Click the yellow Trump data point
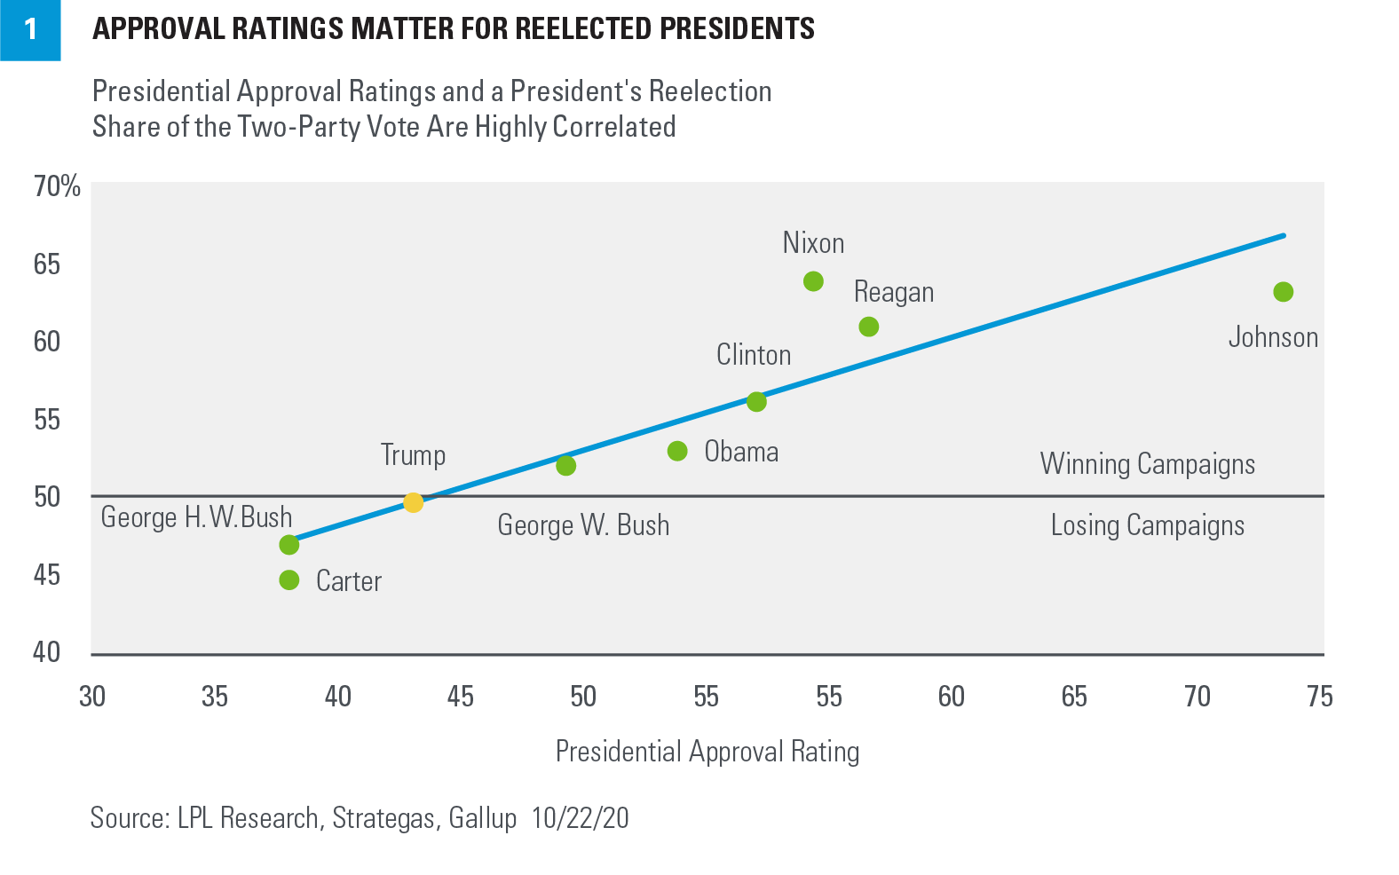tap(413, 502)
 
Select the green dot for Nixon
tap(813, 281)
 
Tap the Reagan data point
tap(869, 327)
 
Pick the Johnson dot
tap(1283, 292)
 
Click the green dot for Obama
tap(677, 451)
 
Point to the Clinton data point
tap(756, 402)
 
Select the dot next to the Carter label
tap(289, 580)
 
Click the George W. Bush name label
tap(583, 525)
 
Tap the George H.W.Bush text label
tap(196, 517)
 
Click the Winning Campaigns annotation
tap(1147, 464)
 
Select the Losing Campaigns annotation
tap(1147, 525)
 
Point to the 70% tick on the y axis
tap(57, 186)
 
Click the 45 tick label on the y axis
tap(47, 575)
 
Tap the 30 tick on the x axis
tap(92, 697)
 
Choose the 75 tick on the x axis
tap(1319, 697)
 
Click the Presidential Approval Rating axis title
tap(707, 752)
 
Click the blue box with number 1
tap(30, 29)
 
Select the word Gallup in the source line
tap(483, 817)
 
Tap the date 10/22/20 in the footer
tap(580, 817)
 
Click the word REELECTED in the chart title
tap(583, 29)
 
